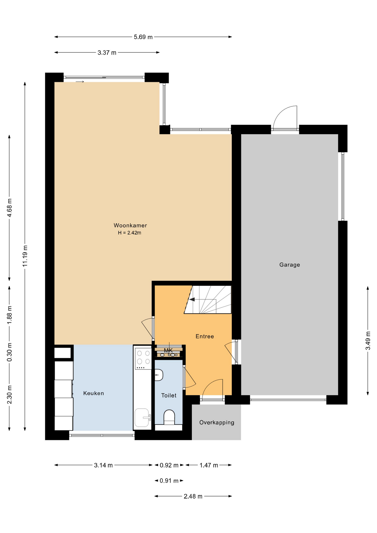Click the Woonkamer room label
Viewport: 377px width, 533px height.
click(130, 225)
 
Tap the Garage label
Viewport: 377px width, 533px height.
click(290, 265)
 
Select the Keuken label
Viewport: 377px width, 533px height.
click(94, 393)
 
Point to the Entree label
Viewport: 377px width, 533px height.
click(205, 336)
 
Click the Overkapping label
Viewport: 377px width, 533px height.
click(217, 423)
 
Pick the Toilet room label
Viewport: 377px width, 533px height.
click(169, 396)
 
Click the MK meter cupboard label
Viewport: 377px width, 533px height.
click(168, 350)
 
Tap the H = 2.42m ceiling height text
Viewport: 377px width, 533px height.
click(130, 233)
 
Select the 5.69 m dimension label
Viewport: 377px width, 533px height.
click(143, 37)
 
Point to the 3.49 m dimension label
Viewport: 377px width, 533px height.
click(368, 341)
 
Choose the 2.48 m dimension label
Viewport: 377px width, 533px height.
click(193, 496)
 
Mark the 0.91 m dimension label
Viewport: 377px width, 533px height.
click(169, 481)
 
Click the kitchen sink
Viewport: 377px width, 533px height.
click(142, 418)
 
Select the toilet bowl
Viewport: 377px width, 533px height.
click(169, 417)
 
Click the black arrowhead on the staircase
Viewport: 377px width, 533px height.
click(192, 300)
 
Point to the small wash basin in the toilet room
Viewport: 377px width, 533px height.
click(159, 375)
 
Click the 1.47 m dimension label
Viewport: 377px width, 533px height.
click(209, 465)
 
